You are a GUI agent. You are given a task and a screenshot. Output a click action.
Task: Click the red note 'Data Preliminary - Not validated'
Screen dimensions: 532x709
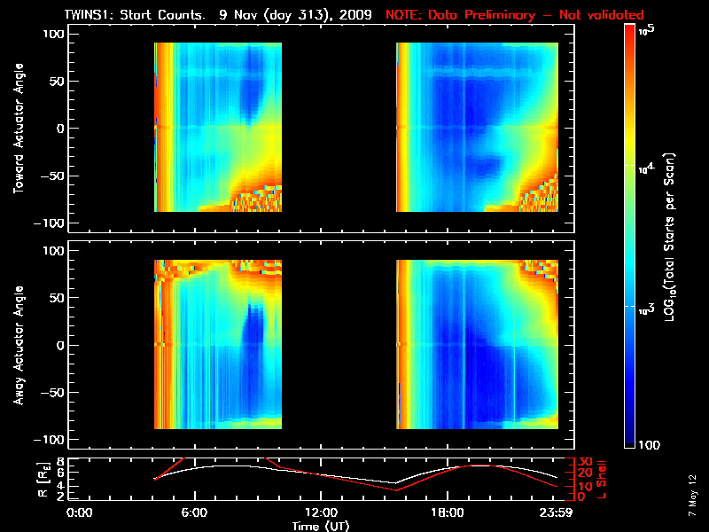515,15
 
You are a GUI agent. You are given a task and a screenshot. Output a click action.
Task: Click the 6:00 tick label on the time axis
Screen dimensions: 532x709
193,512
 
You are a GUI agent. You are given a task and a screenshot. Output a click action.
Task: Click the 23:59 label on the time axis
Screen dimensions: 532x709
556,512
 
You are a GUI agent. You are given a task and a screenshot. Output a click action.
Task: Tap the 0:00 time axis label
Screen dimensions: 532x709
80,512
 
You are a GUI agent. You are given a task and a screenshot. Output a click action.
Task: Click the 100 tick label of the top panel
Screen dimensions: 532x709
55,34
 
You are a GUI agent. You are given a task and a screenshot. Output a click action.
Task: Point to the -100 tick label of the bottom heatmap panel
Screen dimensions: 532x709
52,441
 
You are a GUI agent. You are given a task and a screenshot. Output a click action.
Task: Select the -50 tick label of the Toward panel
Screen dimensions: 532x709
56,176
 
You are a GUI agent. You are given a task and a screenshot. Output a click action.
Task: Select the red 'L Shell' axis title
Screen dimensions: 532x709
600,479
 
